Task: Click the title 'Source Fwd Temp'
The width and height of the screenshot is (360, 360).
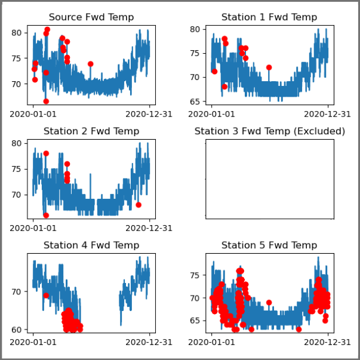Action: tap(91, 17)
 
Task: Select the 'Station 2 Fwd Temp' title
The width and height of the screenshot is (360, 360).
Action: tap(91, 131)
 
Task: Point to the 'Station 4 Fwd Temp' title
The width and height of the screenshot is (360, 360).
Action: tap(91, 245)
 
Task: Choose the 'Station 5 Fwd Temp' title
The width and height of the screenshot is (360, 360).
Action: tap(269, 245)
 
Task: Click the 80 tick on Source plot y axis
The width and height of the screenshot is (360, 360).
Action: tap(17, 32)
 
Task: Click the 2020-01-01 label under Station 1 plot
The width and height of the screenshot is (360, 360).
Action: tap(211, 113)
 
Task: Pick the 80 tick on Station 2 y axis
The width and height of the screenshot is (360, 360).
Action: tap(17, 143)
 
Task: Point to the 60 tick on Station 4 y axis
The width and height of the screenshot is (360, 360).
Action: tap(17, 330)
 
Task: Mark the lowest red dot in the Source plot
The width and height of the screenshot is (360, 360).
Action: tap(46, 101)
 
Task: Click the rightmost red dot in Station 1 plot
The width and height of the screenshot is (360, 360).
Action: tap(269, 67)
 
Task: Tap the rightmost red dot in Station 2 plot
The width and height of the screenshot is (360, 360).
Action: tap(139, 205)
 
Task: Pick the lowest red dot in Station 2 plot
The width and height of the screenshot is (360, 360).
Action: tap(46, 216)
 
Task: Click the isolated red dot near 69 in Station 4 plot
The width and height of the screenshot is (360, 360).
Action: tap(46, 296)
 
